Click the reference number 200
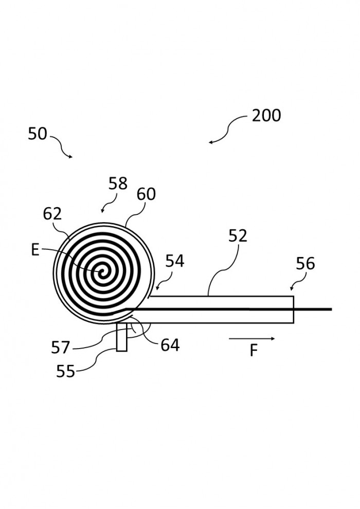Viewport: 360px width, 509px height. click(x=266, y=116)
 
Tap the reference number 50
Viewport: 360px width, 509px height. click(x=38, y=134)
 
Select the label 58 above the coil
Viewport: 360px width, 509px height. click(x=117, y=184)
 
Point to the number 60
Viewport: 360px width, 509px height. click(x=146, y=194)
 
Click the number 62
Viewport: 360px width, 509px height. click(x=52, y=213)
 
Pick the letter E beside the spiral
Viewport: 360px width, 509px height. click(x=35, y=250)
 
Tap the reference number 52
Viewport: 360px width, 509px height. click(x=238, y=235)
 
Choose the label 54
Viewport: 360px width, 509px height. click(x=175, y=261)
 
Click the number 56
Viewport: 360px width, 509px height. click(x=305, y=264)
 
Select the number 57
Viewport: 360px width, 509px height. click(x=60, y=348)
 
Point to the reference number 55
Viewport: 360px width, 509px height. click(x=66, y=371)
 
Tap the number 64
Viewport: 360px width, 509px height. click(x=170, y=345)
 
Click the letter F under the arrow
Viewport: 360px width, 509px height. click(x=254, y=351)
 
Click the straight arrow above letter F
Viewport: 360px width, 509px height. click(x=252, y=339)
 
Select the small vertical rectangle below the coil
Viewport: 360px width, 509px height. click(x=122, y=337)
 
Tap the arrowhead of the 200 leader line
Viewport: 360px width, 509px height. click(x=210, y=142)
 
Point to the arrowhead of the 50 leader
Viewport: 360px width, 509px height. click(x=71, y=157)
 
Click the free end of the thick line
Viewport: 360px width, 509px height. click(x=331, y=309)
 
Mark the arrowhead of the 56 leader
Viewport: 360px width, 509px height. click(x=291, y=289)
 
